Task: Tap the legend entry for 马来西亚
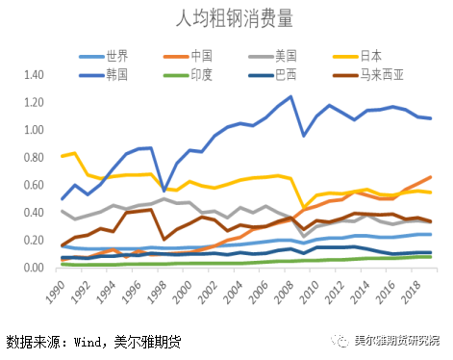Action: pyautogui.click(x=378, y=72)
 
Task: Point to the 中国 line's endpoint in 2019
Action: pyautogui.click(x=430, y=177)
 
